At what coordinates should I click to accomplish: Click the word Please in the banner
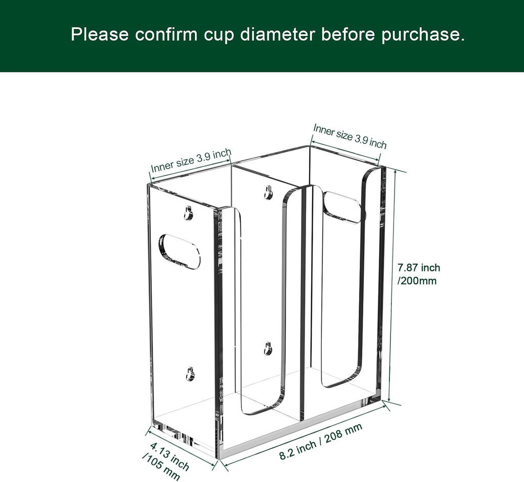pyautogui.click(x=100, y=34)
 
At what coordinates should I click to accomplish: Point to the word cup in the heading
pyautogui.click(x=219, y=36)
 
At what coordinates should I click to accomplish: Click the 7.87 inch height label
pyautogui.click(x=419, y=268)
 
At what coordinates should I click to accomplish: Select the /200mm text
pyautogui.click(x=417, y=281)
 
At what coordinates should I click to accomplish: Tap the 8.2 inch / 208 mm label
pyautogui.click(x=321, y=442)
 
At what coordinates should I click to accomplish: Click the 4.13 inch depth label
pyautogui.click(x=170, y=455)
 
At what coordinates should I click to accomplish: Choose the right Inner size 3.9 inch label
pyautogui.click(x=350, y=136)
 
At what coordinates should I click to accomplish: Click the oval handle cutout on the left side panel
pyautogui.click(x=180, y=252)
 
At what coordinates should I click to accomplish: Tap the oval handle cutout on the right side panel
pyautogui.click(x=342, y=207)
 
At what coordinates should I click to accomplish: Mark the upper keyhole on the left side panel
pyautogui.click(x=189, y=213)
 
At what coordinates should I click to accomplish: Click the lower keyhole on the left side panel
pyautogui.click(x=190, y=374)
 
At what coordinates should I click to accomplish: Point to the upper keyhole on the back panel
pyautogui.click(x=268, y=192)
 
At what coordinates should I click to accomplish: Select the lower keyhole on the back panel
pyautogui.click(x=268, y=348)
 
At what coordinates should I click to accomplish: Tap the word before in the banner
pyautogui.click(x=348, y=34)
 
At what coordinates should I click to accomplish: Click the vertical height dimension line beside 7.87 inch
pyautogui.click(x=392, y=285)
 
